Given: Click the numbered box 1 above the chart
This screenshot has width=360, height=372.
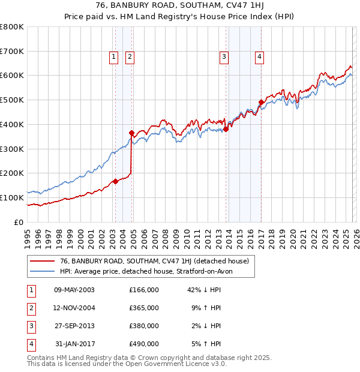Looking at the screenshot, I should tap(113, 57).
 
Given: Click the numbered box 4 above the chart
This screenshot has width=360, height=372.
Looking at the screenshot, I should tap(259, 57).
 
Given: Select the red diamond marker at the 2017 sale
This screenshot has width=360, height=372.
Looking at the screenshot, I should tap(261, 102).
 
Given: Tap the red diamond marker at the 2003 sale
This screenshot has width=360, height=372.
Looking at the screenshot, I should tap(115, 181).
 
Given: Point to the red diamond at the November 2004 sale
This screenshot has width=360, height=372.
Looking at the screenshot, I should tap(131, 133).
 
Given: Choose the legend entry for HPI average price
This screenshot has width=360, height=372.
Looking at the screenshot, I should tap(150, 271).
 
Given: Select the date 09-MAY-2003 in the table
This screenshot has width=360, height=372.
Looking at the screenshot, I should tap(74, 290).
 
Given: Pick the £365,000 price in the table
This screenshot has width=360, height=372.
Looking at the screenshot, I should tap(144, 308).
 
